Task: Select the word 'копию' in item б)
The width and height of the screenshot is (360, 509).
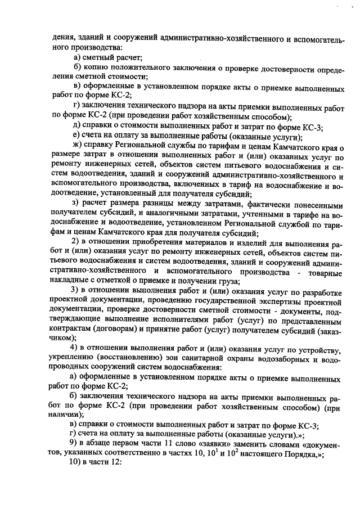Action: pos(97,67)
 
